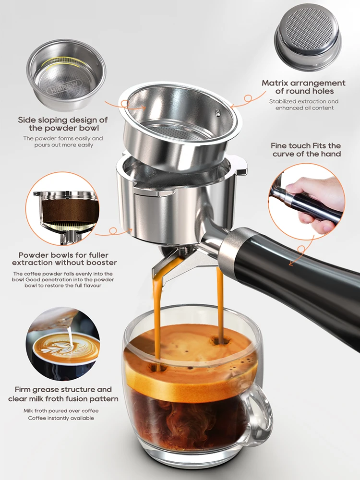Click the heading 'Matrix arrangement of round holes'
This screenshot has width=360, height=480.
click(x=304, y=87)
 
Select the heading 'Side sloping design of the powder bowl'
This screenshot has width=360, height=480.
click(x=63, y=124)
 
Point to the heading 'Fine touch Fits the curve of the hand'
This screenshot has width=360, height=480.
click(x=306, y=149)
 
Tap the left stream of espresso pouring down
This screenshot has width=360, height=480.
click(x=157, y=322)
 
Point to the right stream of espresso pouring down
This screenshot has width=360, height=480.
click(x=220, y=302)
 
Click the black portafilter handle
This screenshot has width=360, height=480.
click(x=307, y=278)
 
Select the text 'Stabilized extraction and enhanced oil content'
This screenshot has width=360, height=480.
click(x=304, y=105)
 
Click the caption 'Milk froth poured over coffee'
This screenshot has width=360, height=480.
click(x=60, y=410)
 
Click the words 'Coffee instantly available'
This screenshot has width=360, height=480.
click(x=60, y=418)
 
